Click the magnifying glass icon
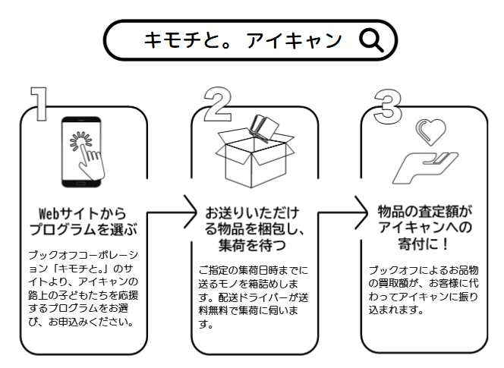372,40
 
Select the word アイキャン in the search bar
295,40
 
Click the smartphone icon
83,152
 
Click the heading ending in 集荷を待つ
253,228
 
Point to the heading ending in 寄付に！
424,228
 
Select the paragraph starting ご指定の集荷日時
253,295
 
